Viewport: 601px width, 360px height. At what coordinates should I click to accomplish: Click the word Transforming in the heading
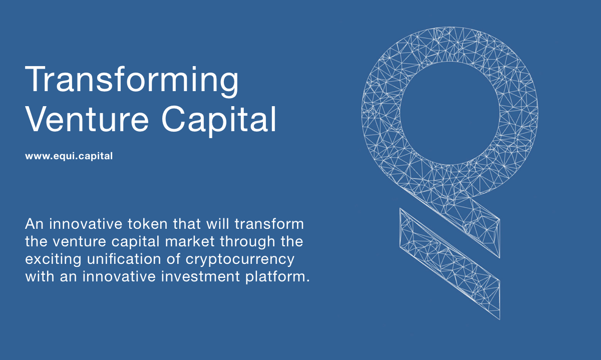tap(132, 81)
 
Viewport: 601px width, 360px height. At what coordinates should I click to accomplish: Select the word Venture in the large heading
tap(87, 119)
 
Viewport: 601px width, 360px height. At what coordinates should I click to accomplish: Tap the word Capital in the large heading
tap(219, 121)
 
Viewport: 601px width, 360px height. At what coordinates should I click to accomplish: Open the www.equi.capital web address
tap(69, 156)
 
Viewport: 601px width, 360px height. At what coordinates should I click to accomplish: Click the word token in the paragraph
tap(148, 224)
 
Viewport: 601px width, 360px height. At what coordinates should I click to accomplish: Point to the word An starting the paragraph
tap(35, 224)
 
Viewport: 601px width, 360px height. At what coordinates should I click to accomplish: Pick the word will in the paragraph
tap(217, 224)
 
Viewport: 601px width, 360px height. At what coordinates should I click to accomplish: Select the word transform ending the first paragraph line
tap(269, 224)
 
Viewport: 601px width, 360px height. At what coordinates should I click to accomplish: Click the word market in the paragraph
tap(190, 241)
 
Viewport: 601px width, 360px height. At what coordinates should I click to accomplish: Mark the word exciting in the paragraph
tap(53, 260)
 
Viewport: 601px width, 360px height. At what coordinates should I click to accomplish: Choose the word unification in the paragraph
tap(124, 259)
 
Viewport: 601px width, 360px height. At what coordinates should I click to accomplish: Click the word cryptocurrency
tap(240, 260)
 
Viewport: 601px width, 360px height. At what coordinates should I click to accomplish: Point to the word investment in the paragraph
tap(200, 276)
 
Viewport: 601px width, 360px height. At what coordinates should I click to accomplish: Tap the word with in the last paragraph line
tap(40, 276)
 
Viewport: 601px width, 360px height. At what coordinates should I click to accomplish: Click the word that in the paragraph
tap(187, 224)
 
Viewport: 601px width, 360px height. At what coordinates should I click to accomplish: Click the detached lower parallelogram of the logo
tap(450, 264)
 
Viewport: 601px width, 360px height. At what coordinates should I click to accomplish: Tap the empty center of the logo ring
tap(450, 113)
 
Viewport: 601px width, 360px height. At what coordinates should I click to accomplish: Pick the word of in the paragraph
tap(173, 259)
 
